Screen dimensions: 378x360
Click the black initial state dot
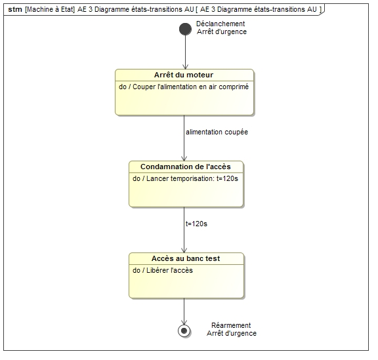[x=185, y=29]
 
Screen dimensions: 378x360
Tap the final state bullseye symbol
[x=184, y=330]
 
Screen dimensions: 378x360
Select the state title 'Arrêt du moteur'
[x=184, y=75]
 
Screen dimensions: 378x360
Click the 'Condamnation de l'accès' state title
[x=186, y=167]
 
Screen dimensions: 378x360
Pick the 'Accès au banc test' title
[x=186, y=258]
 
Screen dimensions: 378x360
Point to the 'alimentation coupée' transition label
[x=217, y=132]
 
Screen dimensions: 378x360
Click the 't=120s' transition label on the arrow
[x=196, y=224]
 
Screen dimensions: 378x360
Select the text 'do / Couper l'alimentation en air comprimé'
[x=184, y=87]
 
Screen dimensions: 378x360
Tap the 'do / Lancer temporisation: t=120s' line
[x=185, y=178]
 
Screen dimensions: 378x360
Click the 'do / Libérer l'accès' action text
[x=163, y=270]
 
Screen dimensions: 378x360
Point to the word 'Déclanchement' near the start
[x=220, y=24]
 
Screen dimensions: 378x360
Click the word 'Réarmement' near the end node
[x=231, y=325]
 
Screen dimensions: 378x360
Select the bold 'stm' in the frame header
[x=15, y=9]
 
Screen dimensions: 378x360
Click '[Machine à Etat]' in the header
[x=50, y=9]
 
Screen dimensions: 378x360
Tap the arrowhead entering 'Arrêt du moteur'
[x=185, y=67]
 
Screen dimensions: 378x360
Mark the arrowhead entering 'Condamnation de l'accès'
[x=184, y=159]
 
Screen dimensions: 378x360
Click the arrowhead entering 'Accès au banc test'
[x=184, y=250]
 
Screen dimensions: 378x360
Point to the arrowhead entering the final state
[x=184, y=322]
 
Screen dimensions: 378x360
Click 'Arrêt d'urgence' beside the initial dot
[x=222, y=32]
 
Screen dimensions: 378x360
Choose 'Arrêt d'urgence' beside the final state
[x=232, y=334]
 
